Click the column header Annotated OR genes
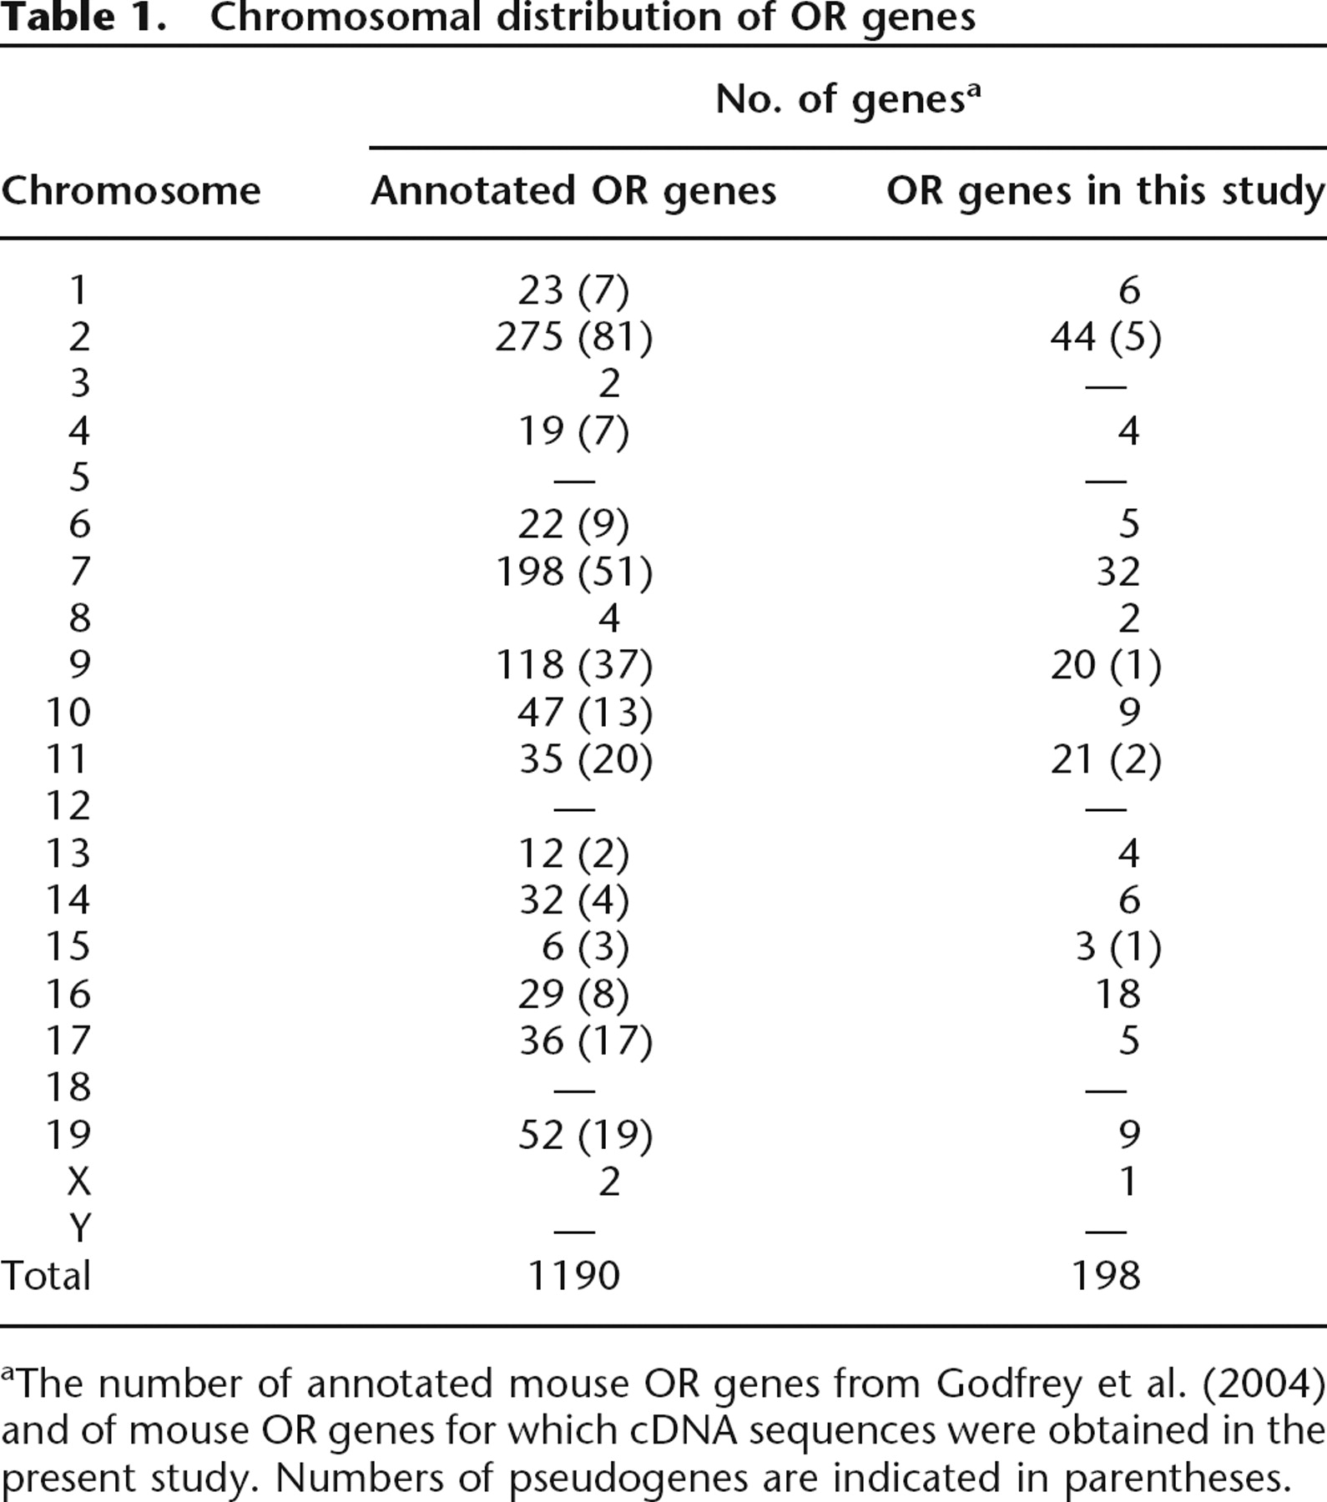pyautogui.click(x=573, y=192)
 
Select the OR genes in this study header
pyautogui.click(x=1106, y=192)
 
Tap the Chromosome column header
pyautogui.click(x=131, y=191)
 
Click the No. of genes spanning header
pyautogui.click(x=848, y=99)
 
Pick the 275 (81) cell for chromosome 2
pyautogui.click(x=574, y=337)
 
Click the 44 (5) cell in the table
pyautogui.click(x=1106, y=337)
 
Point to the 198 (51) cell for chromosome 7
pyautogui.click(x=574, y=572)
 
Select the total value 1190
pyautogui.click(x=574, y=1275)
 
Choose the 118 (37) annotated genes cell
pyautogui.click(x=574, y=665)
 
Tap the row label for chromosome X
pyautogui.click(x=78, y=1182)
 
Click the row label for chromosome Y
pyautogui.click(x=79, y=1228)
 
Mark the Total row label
pyautogui.click(x=46, y=1275)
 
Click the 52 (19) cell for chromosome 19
pyautogui.click(x=585, y=1135)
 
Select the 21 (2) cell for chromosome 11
pyautogui.click(x=1106, y=759)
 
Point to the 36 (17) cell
pyautogui.click(x=585, y=1041)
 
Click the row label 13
pyautogui.click(x=68, y=853)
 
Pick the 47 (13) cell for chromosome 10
pyautogui.click(x=585, y=713)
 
